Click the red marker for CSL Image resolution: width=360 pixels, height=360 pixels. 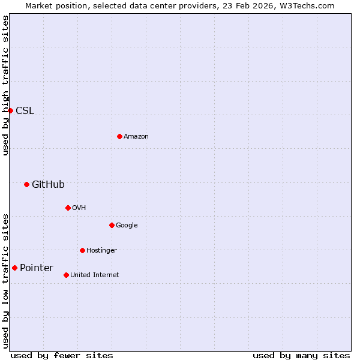[10, 110]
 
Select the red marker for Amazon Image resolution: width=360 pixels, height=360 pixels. [119, 136]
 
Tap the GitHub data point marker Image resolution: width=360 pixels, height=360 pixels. [26, 184]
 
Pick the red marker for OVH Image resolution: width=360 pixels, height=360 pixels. [68, 208]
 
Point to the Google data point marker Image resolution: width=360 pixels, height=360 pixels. [112, 225]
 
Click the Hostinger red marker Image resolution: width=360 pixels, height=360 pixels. [82, 250]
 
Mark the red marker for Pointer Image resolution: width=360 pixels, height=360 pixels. [14, 268]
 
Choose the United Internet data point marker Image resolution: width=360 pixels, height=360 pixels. [66, 275]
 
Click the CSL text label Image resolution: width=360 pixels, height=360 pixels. [25, 110]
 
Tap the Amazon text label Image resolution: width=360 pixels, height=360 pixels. [136, 136]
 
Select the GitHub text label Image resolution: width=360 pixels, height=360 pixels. [48, 184]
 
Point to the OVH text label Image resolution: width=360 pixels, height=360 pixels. [79, 208]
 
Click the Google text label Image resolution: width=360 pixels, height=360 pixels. [127, 225]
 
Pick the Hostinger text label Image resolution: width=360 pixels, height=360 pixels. [101, 250]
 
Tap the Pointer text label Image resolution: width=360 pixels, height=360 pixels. [37, 268]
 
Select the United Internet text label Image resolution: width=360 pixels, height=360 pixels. [95, 275]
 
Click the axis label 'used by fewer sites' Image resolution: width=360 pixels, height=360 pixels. [62, 355]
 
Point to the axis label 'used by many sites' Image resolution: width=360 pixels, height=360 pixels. [301, 355]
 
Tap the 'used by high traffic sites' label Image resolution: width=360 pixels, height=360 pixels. [5, 85]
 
